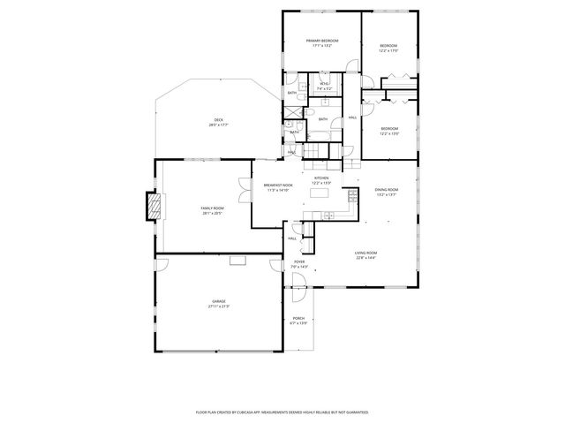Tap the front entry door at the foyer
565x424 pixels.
[298, 281]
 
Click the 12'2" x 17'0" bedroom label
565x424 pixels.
[389, 49]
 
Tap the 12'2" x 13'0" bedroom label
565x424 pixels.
[389, 132]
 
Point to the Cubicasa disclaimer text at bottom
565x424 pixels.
[282, 412]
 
